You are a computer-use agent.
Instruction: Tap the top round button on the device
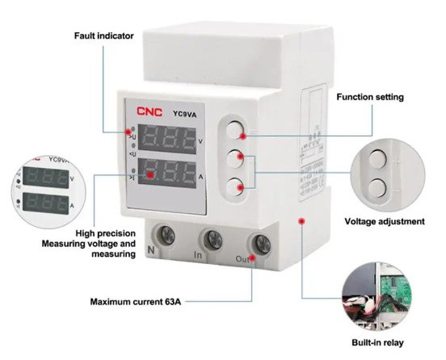235,130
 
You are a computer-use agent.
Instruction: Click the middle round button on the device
235,158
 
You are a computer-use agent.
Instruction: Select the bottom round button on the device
235,185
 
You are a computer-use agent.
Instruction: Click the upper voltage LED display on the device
167,140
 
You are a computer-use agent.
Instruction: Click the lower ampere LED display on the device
167,173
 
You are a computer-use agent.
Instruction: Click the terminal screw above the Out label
260,242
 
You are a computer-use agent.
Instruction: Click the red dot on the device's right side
302,220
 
